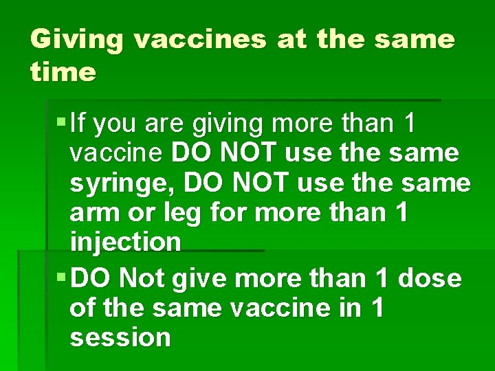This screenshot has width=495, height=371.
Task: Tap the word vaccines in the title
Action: [200, 41]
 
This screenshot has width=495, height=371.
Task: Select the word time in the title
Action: [63, 72]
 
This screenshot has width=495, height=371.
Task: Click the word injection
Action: [125, 243]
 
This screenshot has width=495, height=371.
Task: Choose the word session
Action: [120, 337]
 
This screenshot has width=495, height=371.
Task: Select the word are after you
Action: [166, 124]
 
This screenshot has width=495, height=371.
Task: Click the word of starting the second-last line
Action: [82, 308]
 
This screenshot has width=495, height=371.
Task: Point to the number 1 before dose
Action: [381, 278]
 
